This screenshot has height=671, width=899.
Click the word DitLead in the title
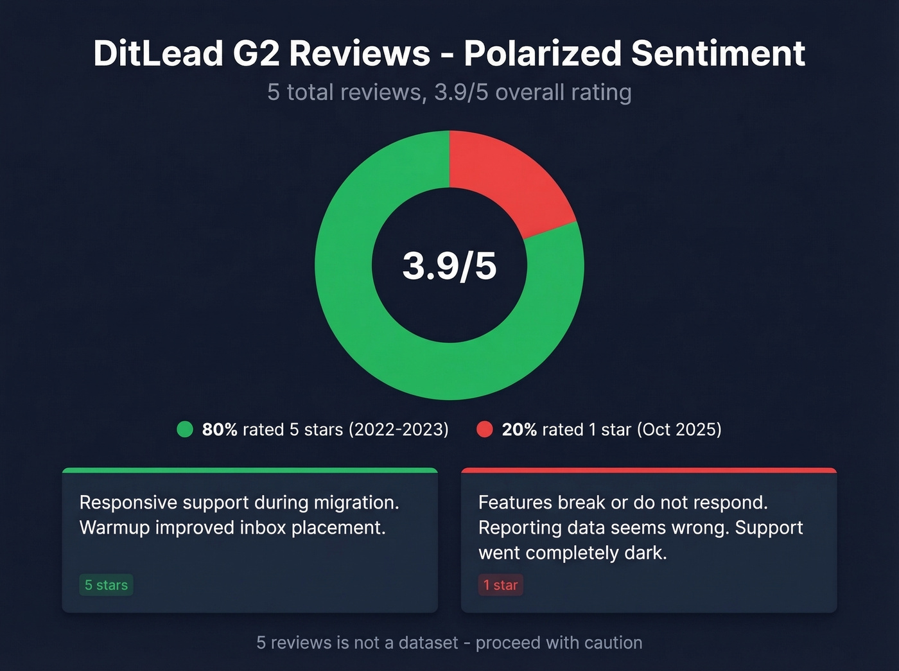[158, 53]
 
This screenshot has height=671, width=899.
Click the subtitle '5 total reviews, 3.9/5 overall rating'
[449, 92]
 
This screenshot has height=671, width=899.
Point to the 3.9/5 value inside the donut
[449, 266]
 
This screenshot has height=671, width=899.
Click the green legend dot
[185, 430]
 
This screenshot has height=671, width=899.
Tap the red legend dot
[485, 430]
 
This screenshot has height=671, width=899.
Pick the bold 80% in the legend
[220, 430]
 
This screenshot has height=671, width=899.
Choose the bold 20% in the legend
[519, 430]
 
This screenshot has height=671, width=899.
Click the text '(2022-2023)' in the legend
[398, 430]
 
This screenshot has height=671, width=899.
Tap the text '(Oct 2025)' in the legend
[679, 430]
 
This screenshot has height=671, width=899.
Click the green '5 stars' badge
[106, 585]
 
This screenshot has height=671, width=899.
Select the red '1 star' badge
[500, 585]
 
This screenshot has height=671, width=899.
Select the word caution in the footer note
[610, 643]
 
